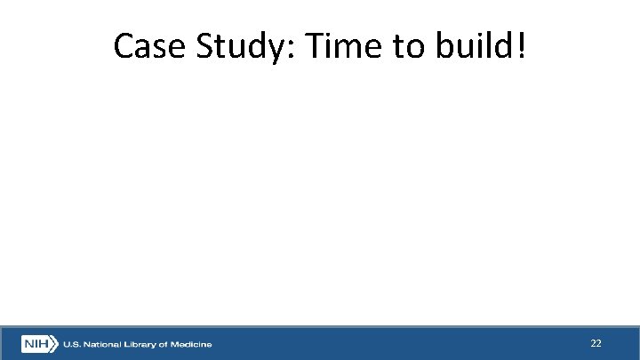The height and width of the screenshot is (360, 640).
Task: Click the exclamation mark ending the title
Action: point(521,47)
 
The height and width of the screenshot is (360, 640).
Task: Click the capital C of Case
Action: point(124,47)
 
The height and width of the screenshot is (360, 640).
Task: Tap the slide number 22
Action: point(596,343)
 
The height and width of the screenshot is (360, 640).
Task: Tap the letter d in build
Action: point(505,47)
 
